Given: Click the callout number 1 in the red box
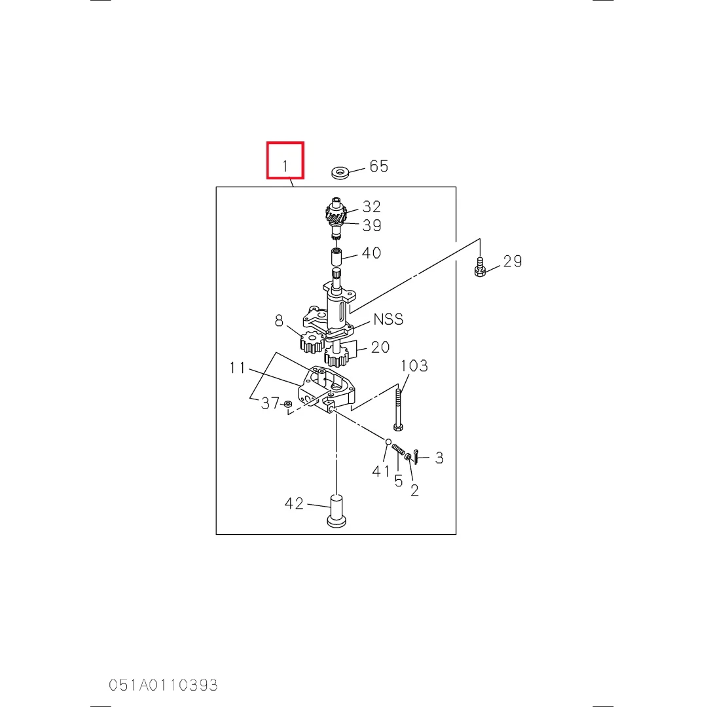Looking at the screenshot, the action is pyautogui.click(x=285, y=166).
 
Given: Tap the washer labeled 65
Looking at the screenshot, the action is pyautogui.click(x=340, y=172).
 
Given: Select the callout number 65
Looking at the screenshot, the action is pyautogui.click(x=379, y=166).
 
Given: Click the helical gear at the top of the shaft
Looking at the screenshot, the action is pyautogui.click(x=336, y=215).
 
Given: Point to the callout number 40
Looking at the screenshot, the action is pyautogui.click(x=372, y=253).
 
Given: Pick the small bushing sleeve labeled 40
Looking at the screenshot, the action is pyautogui.click(x=336, y=257).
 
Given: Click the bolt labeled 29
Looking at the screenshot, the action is pyautogui.click(x=480, y=267).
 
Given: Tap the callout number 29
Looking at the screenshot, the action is pyautogui.click(x=513, y=261).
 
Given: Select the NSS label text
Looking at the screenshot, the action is pyautogui.click(x=388, y=319).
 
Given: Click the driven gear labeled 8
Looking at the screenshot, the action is pyautogui.click(x=312, y=342).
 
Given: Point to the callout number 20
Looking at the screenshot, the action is pyautogui.click(x=380, y=347).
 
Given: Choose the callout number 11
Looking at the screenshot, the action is pyautogui.click(x=237, y=368).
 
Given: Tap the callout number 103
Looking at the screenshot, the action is pyautogui.click(x=414, y=366).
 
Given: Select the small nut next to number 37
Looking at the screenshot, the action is pyautogui.click(x=288, y=403).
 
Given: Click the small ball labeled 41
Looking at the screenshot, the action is pyautogui.click(x=388, y=441).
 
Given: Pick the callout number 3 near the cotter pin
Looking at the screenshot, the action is pyautogui.click(x=439, y=458).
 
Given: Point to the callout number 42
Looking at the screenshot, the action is pyautogui.click(x=294, y=503).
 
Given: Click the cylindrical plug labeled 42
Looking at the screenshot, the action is pyautogui.click(x=336, y=511).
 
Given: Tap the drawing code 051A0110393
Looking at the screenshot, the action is pyautogui.click(x=163, y=685).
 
